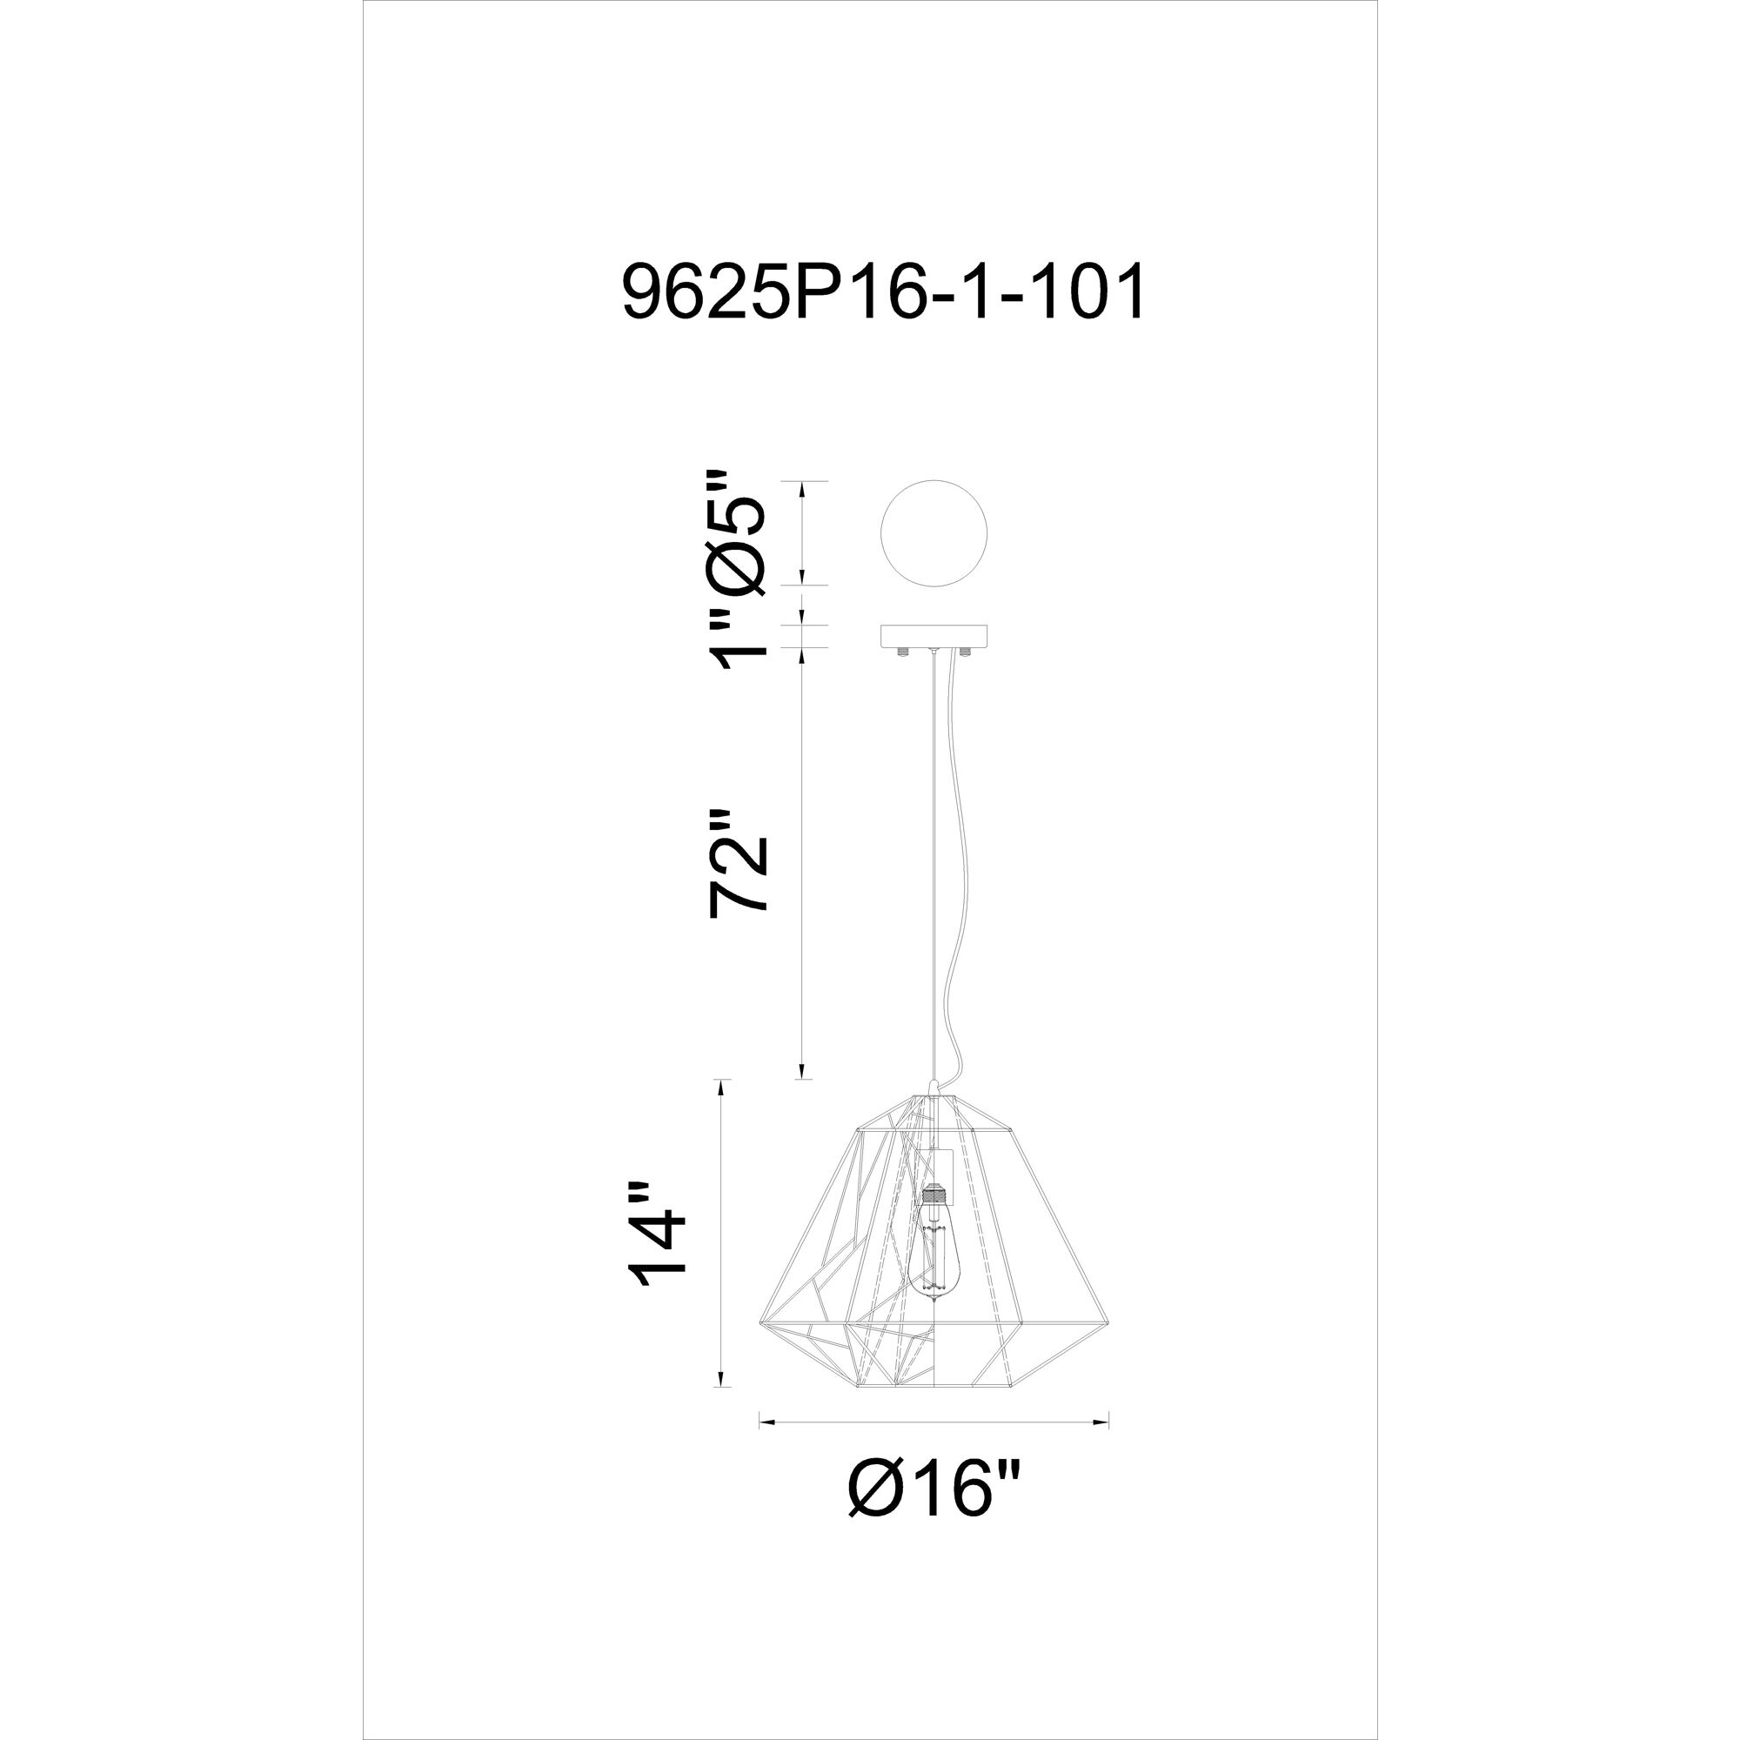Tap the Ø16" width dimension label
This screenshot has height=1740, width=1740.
pos(937,1489)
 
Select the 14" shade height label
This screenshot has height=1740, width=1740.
pos(659,1247)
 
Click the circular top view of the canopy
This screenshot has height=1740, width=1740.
pos(934,532)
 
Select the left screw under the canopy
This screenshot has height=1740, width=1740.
pos(903,651)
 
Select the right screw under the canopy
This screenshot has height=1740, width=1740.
pos(966,651)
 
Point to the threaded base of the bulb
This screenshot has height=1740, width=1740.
pos(934,1199)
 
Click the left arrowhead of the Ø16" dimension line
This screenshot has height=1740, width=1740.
pos(764,1423)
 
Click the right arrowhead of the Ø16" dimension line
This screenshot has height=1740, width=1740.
pos(1103,1423)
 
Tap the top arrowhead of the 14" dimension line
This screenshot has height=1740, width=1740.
pos(719,1086)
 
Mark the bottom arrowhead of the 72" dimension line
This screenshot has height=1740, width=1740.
pos(802,1072)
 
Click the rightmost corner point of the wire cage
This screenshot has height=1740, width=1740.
pos(1106,1322)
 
